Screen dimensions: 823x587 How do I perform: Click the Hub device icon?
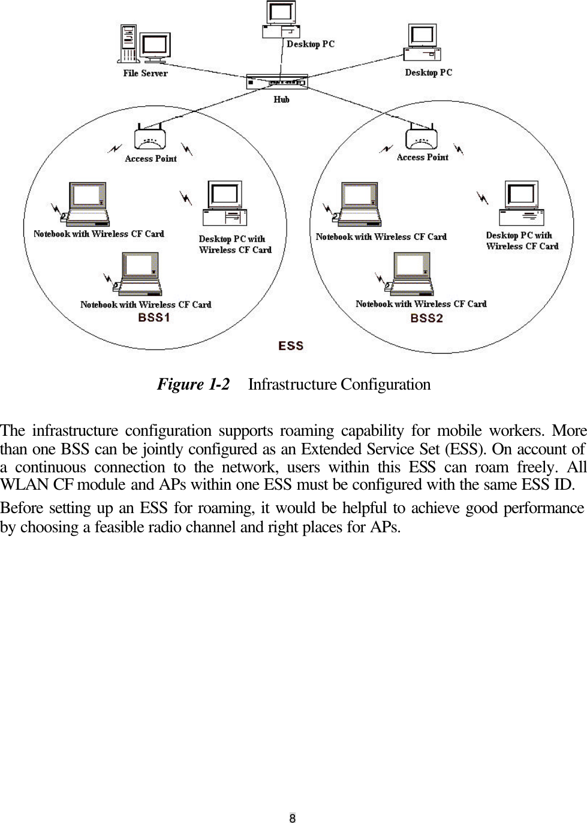click(277, 82)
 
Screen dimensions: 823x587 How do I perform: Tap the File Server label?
click(145, 73)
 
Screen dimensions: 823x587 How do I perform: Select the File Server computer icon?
click(144, 44)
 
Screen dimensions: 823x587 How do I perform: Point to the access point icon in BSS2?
click(421, 137)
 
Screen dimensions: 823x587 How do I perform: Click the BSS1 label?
click(154, 318)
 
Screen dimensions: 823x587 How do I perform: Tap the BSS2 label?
click(426, 318)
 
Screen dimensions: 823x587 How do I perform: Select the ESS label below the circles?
click(291, 346)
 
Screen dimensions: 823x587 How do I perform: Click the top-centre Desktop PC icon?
click(281, 20)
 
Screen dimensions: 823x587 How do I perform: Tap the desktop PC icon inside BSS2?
click(521, 203)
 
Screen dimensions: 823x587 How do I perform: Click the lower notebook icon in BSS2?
click(411, 274)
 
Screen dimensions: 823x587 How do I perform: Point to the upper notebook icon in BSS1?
click(88, 204)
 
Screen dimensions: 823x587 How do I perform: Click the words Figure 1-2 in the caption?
click(193, 384)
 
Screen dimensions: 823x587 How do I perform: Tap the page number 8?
click(293, 818)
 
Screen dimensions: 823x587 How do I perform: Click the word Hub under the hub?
click(281, 100)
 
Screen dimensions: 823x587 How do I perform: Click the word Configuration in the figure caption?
click(386, 384)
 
